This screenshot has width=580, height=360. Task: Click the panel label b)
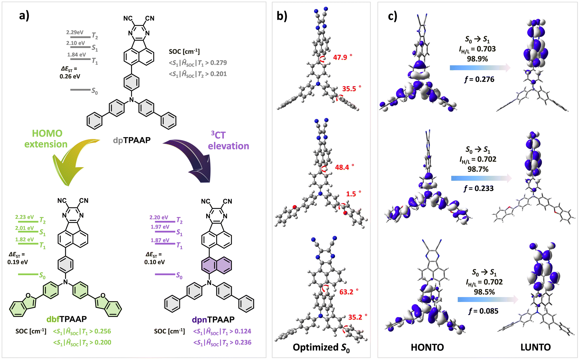pyautogui.click(x=282, y=16)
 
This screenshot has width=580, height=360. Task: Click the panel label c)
pyautogui.click(x=392, y=16)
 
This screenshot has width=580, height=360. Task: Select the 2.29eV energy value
pyautogui.click(x=75, y=32)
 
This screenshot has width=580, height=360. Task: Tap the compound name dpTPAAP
pyautogui.click(x=132, y=140)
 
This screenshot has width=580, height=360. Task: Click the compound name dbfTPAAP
pyautogui.click(x=66, y=319)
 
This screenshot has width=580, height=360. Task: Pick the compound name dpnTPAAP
pyautogui.click(x=213, y=320)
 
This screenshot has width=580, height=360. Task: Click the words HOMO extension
pyautogui.click(x=46, y=139)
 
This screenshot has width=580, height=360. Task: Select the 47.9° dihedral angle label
pyautogui.click(x=342, y=57)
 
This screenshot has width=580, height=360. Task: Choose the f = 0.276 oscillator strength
pyautogui.click(x=479, y=79)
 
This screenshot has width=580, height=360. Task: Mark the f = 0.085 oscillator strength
pyautogui.click(x=483, y=311)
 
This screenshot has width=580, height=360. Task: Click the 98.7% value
pyautogui.click(x=478, y=169)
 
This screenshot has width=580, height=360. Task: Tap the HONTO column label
pyautogui.click(x=427, y=347)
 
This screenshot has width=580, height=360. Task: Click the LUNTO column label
pyautogui.click(x=535, y=347)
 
